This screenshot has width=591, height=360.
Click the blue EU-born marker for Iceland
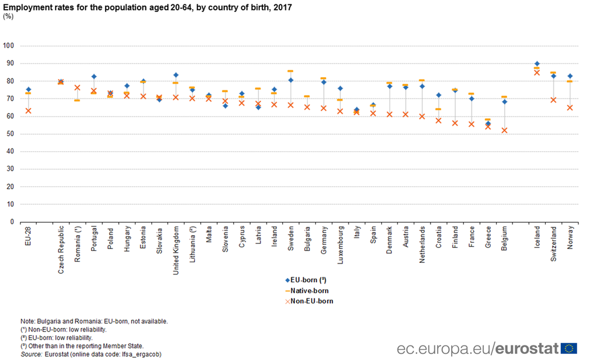537,64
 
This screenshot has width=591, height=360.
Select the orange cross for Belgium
504,130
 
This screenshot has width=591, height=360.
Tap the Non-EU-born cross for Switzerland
553,99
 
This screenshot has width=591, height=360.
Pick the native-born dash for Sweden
291,71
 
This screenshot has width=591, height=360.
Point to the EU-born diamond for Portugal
94,77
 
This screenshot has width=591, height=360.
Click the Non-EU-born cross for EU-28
28,110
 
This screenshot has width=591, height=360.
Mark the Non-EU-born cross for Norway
570,107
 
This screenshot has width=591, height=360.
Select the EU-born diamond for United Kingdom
176,75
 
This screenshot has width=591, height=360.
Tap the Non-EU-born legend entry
311,300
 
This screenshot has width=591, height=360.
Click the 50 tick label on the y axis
10,134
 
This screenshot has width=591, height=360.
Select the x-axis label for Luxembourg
340,246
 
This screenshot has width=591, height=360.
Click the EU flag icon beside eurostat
569,348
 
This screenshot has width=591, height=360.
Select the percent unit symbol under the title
8,16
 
